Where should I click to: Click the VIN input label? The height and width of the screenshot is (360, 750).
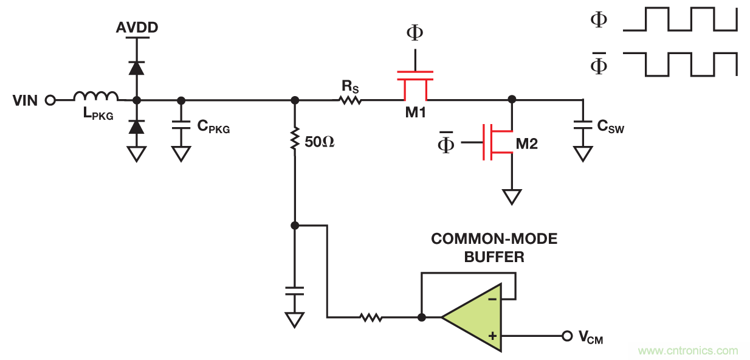click(25, 100)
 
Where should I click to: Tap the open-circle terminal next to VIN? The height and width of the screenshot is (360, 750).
click(50, 100)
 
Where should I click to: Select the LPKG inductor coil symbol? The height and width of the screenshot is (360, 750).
click(96, 95)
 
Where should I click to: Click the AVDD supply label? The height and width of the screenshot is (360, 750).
click(137, 29)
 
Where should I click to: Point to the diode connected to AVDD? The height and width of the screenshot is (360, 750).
click(137, 67)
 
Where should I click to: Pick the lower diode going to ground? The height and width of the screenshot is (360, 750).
click(137, 126)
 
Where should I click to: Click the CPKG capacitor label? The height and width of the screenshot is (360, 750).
click(213, 127)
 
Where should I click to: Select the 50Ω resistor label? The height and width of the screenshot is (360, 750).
click(320, 143)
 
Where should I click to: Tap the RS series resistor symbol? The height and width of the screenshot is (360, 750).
click(351, 100)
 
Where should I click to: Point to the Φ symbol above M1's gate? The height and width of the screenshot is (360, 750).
click(415, 32)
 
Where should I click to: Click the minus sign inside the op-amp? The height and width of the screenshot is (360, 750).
click(493, 299)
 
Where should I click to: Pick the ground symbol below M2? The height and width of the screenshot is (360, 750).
click(512, 196)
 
